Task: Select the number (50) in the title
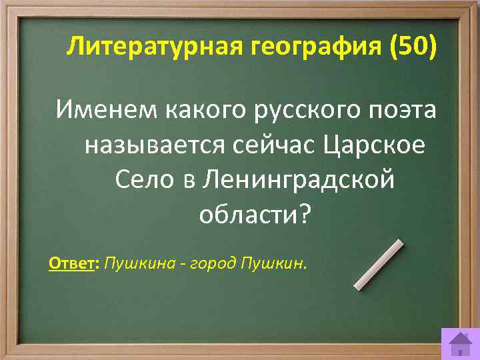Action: pyautogui.click(x=415, y=48)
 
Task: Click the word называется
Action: pyautogui.click(x=155, y=145)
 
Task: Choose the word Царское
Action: pyautogui.click(x=377, y=145)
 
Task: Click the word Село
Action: pyautogui.click(x=142, y=179)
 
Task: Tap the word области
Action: pyautogui.click(x=246, y=214)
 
